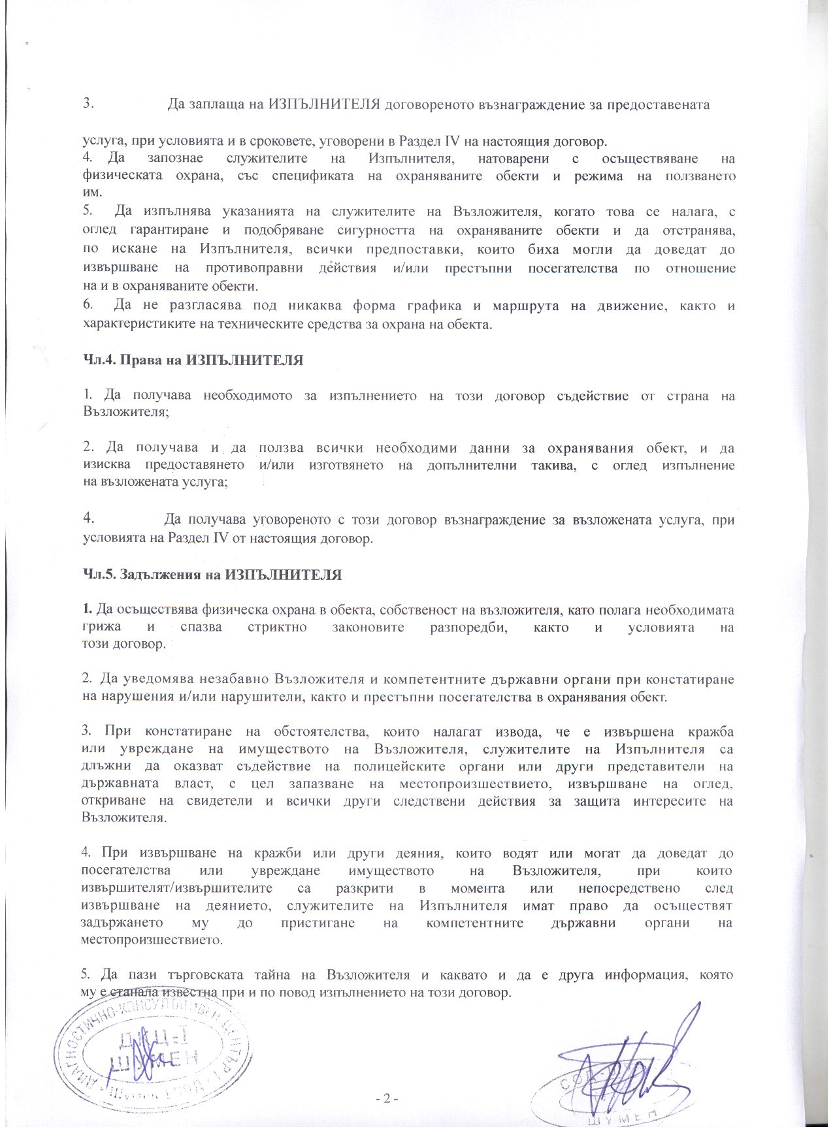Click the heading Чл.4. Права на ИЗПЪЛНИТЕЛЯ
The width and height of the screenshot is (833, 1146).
(193, 360)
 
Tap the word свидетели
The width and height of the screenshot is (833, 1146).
(217, 801)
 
